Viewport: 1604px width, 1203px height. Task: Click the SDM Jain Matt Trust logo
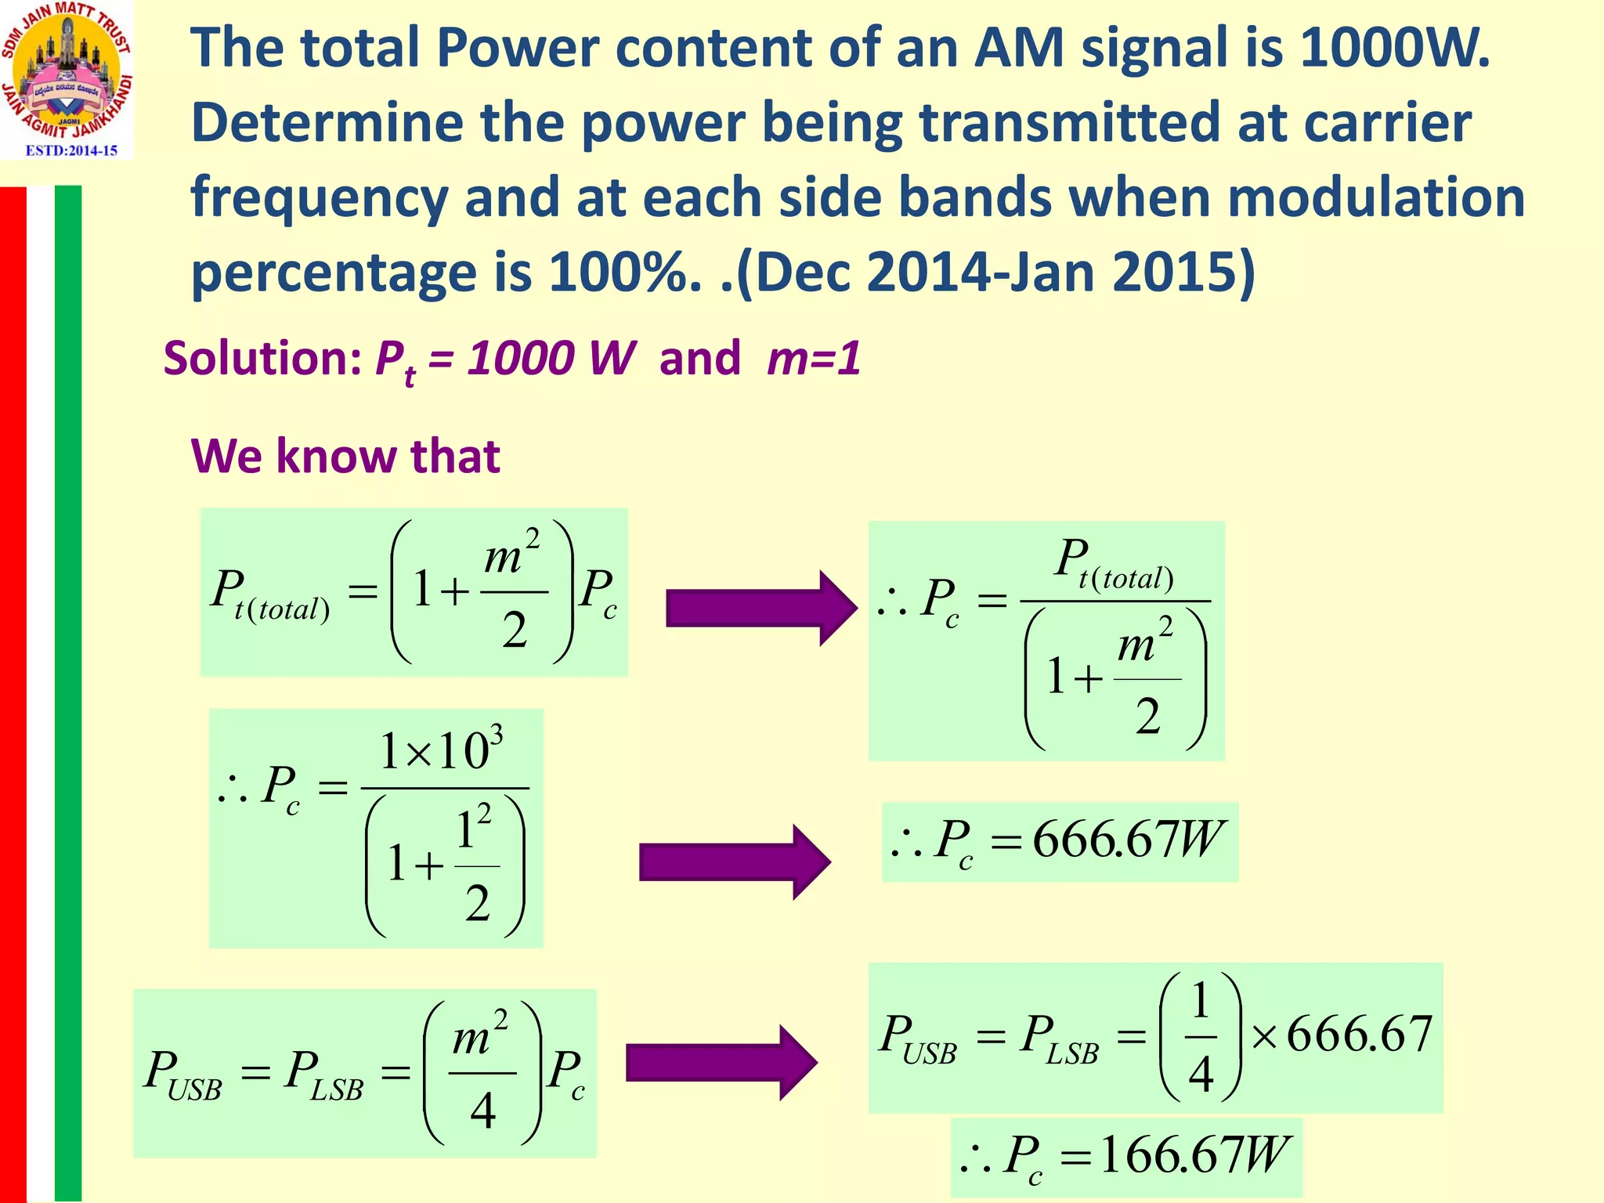[x=67, y=70]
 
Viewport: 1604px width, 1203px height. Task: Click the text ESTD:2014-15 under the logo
[x=71, y=150]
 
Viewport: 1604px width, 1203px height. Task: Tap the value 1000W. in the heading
[x=1394, y=49]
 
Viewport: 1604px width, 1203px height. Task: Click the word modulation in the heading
[x=1376, y=197]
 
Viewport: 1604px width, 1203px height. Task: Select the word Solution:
[x=262, y=359]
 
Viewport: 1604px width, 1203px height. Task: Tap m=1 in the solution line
[x=814, y=359]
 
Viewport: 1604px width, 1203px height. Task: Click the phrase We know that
[x=345, y=456]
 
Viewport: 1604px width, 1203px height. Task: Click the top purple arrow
[x=760, y=608]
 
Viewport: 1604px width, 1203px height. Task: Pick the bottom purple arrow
[x=721, y=1063]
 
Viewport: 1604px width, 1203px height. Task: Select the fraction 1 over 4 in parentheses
[x=1201, y=1037]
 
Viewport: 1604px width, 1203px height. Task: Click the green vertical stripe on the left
[x=68, y=689]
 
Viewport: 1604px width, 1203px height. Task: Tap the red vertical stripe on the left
[x=13, y=689]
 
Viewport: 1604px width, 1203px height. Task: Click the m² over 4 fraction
[x=482, y=1073]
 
